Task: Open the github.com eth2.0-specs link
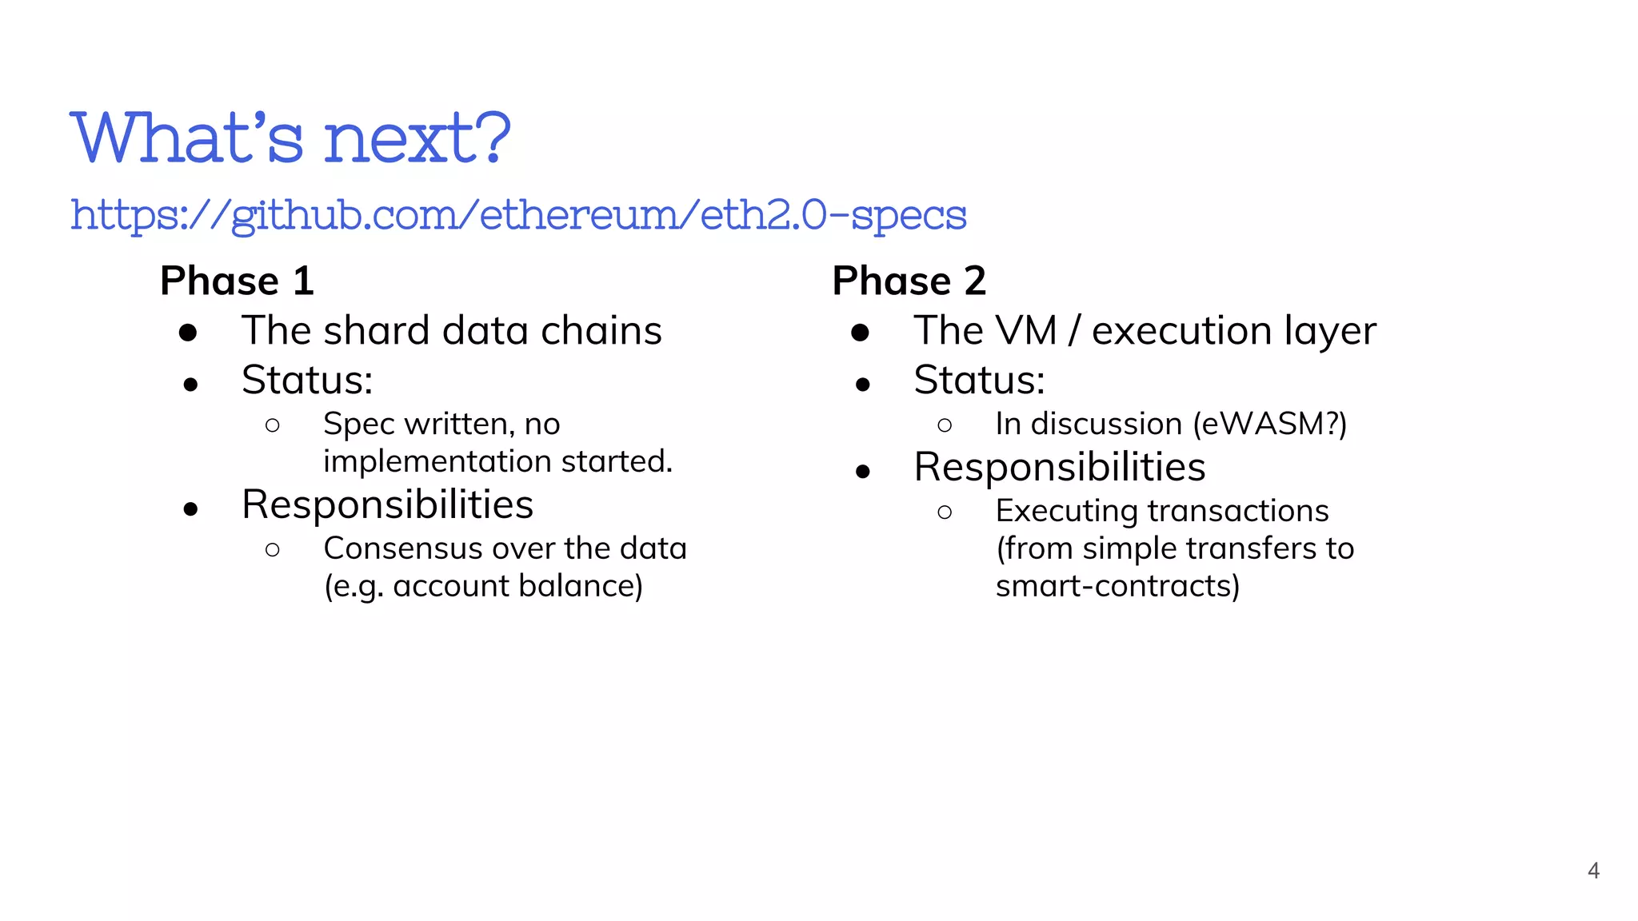point(518,215)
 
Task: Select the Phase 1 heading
point(237,281)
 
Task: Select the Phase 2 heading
point(909,281)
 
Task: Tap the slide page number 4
point(1593,871)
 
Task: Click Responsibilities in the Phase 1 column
point(387,504)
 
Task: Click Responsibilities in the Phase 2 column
point(1059,467)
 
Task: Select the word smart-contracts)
point(1117,586)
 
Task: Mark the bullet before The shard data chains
point(188,333)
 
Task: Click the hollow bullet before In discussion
point(945,425)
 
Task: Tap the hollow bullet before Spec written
point(273,425)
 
